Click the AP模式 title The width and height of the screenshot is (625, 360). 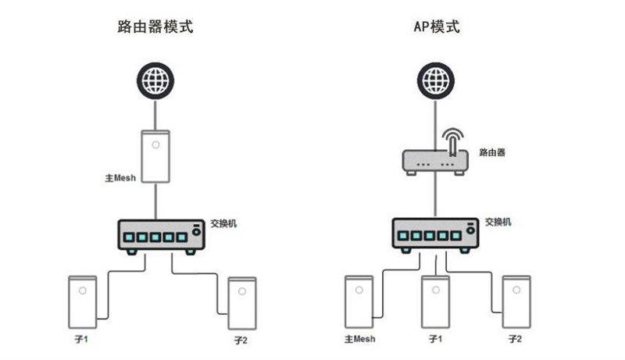click(x=437, y=27)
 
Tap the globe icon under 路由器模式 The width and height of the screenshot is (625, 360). click(x=155, y=80)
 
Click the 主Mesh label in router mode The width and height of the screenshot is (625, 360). click(x=120, y=177)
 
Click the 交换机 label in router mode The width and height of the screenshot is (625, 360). click(x=224, y=223)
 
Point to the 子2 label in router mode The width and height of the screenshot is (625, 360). click(x=241, y=340)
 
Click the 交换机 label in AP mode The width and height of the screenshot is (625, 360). click(x=498, y=222)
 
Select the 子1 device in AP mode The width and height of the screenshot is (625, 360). click(x=435, y=302)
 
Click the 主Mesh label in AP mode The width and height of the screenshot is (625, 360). click(x=359, y=339)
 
